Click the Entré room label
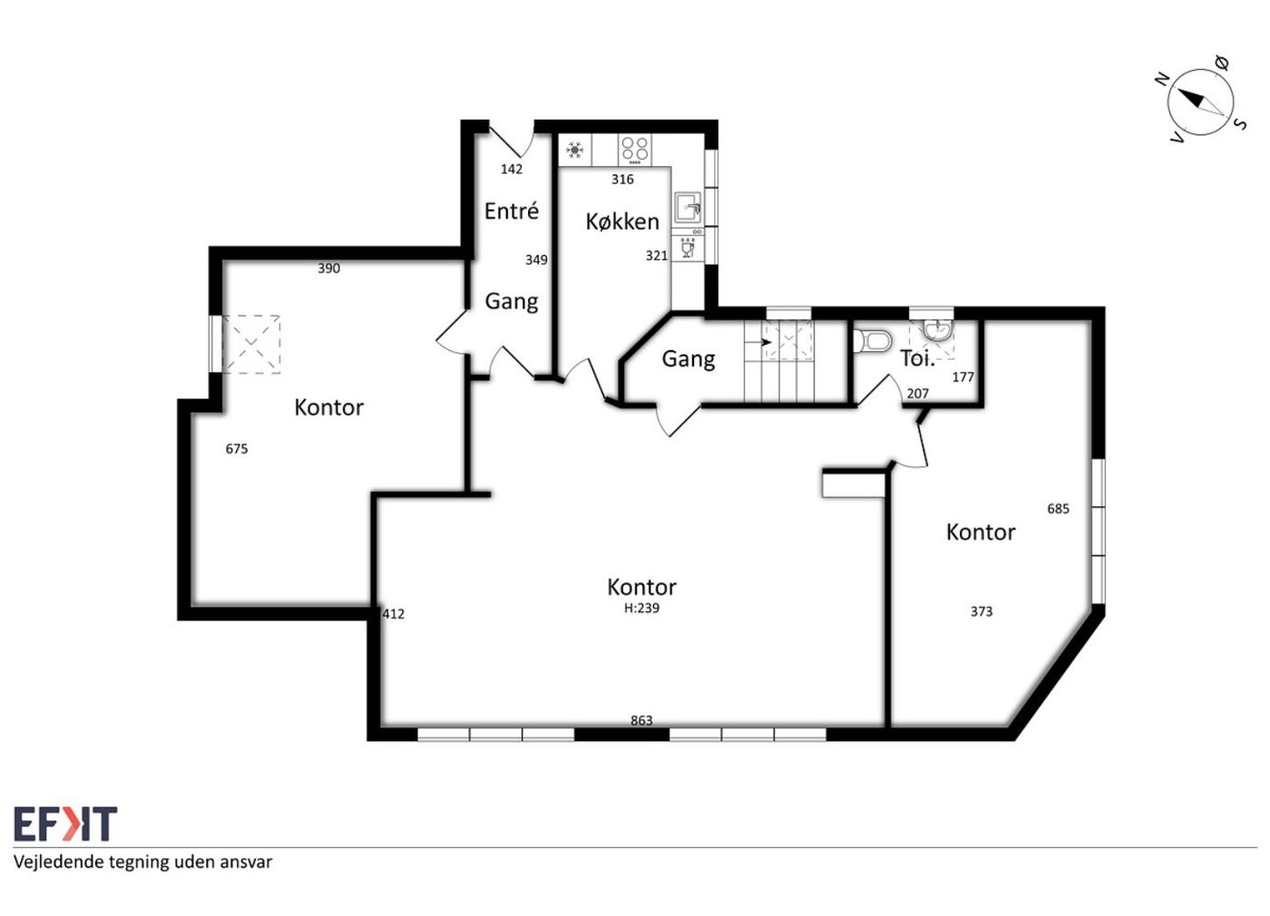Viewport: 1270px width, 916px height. [x=512, y=211]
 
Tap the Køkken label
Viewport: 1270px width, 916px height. [x=622, y=221]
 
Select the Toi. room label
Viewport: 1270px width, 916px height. [x=917, y=359]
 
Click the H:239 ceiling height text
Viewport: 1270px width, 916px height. [x=642, y=609]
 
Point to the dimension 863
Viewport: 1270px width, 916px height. [x=642, y=720]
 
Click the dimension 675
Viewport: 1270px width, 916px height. [x=237, y=449]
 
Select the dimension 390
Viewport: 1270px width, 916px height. [x=328, y=268]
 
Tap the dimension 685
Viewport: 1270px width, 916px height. [x=1058, y=509]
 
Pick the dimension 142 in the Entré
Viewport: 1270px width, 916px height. [x=512, y=169]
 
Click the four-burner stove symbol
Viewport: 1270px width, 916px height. [x=635, y=150]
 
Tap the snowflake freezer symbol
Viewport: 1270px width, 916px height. [x=575, y=151]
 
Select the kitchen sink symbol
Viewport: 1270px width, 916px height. [x=688, y=208]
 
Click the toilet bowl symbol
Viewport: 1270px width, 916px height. [x=872, y=341]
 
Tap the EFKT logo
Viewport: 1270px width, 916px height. [x=65, y=823]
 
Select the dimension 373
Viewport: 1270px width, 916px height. [x=982, y=611]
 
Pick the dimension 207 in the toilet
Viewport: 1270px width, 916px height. [x=917, y=394]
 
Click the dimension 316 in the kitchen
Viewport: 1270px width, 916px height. [x=622, y=180]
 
